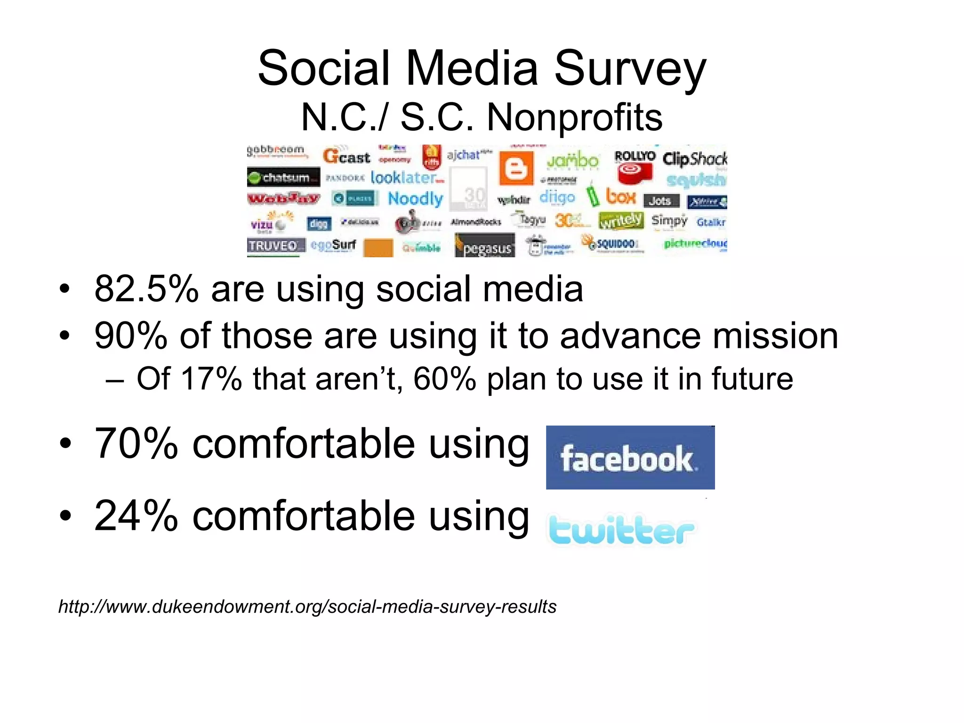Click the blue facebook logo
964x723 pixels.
point(630,458)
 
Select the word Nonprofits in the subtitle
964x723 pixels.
point(574,118)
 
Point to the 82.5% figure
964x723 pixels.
point(146,289)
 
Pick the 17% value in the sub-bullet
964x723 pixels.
point(211,378)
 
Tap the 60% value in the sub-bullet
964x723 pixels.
point(444,378)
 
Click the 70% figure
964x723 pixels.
point(137,443)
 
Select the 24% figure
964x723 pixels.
point(137,516)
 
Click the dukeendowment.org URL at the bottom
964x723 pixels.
point(307,607)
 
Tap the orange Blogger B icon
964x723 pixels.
point(516,168)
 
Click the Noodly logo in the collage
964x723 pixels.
point(415,199)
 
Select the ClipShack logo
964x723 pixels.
point(694,159)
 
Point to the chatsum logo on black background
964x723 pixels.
point(283,177)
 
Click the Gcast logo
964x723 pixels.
point(347,156)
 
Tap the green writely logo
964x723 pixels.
point(620,220)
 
